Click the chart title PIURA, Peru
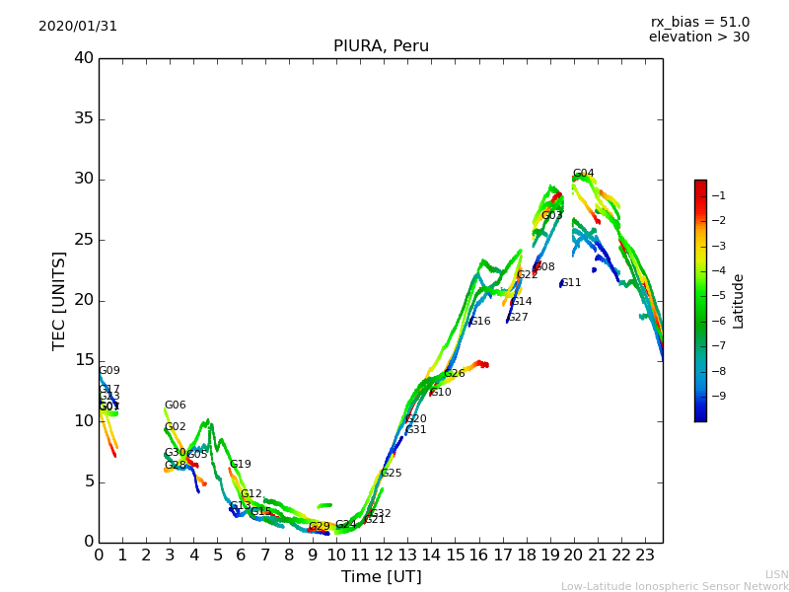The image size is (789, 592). point(381,46)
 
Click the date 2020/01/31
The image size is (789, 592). point(78,27)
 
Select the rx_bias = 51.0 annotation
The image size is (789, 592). point(699,23)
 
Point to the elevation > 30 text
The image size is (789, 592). point(698,37)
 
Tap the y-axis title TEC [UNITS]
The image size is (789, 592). point(59,300)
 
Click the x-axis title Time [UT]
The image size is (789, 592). point(381,576)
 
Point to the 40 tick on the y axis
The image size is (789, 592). point(84,58)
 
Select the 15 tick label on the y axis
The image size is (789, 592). point(84,361)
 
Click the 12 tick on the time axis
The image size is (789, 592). point(384,555)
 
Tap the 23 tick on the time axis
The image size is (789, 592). point(645,555)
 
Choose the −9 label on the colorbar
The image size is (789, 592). point(721,396)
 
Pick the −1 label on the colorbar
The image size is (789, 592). point(721,195)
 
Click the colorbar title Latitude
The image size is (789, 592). point(739,301)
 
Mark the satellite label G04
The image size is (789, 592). point(584,174)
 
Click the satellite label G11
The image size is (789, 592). point(571,283)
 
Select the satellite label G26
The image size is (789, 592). point(455,374)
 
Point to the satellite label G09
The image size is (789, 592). point(109,371)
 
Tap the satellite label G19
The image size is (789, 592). point(241,465)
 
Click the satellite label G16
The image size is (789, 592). point(480,322)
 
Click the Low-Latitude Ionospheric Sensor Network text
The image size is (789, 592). point(675,586)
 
